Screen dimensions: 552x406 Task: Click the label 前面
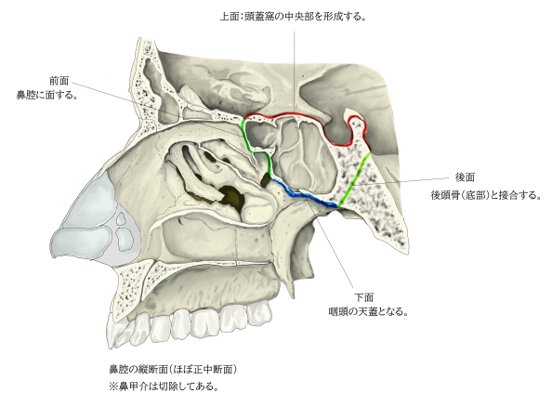point(59,81)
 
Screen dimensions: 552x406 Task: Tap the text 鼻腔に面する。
point(47,95)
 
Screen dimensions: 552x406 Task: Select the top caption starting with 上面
point(293,17)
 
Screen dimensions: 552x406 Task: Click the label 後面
point(465,177)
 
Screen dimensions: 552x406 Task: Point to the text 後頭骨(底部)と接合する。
point(486,195)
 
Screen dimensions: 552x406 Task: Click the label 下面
point(363,297)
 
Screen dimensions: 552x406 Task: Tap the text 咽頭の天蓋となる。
point(368,312)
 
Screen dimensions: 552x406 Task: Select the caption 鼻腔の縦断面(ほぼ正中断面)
point(173,370)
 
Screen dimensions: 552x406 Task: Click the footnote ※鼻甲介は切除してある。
point(164,386)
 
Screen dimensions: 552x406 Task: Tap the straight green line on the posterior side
point(354,179)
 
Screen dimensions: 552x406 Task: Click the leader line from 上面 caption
point(295,72)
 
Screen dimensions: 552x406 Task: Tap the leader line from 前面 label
point(158,108)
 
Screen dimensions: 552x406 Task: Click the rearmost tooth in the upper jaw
point(260,312)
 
